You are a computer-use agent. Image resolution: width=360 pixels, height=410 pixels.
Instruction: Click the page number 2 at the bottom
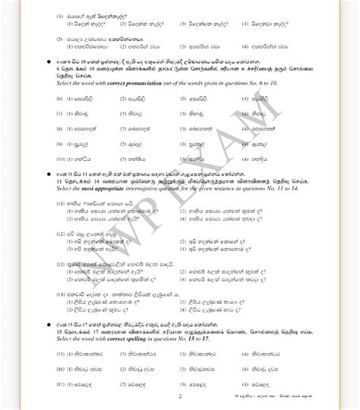click(x=180, y=395)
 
